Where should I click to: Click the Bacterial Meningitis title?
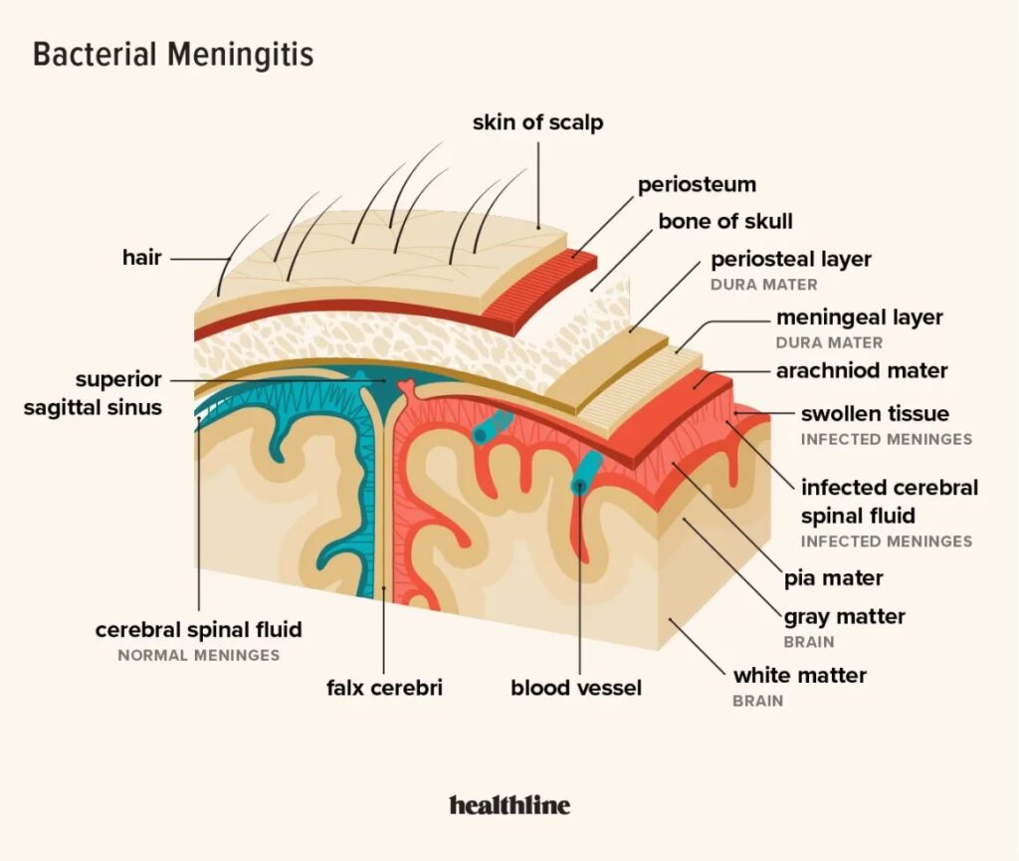pos(173,55)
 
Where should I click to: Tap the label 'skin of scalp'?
pos(537,123)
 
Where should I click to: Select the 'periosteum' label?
pos(697,184)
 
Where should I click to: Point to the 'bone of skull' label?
pos(725,221)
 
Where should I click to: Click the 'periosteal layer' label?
pos(791,260)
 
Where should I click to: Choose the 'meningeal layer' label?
pos(859,319)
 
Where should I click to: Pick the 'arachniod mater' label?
pos(862,371)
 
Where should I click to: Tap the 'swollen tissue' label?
pos(875,413)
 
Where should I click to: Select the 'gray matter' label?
pos(845,617)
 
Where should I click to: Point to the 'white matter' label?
pos(800,675)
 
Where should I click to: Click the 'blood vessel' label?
pos(576,688)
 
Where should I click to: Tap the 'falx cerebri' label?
pos(384,688)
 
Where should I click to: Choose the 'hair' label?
pos(141,258)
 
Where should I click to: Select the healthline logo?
pos(509,804)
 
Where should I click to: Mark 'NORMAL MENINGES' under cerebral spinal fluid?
pos(198,656)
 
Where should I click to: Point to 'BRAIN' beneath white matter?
pos(758,701)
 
